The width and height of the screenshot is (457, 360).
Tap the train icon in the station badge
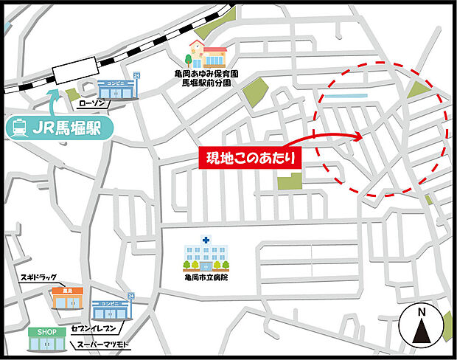pos(20,128)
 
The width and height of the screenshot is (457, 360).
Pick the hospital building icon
pos(206,254)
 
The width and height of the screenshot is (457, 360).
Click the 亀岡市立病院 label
pos(206,277)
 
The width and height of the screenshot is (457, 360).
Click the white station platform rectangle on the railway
pos(78,72)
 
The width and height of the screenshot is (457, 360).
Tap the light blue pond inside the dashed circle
pos(344,97)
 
